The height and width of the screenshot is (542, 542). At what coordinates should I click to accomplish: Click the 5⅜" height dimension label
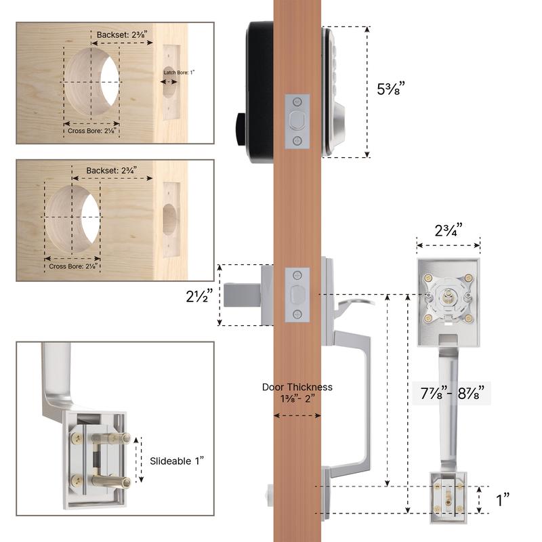tap(391, 89)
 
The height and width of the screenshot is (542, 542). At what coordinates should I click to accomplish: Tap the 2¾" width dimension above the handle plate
tap(448, 228)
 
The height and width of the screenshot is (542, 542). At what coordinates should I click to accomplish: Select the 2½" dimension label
tap(201, 296)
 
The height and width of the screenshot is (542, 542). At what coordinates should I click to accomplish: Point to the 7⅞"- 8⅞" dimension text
tap(451, 392)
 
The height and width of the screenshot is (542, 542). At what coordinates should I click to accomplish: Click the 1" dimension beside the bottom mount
tap(503, 500)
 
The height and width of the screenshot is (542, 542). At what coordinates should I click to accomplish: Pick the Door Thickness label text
tap(297, 392)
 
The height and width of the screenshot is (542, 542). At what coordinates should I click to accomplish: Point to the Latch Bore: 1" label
tap(177, 72)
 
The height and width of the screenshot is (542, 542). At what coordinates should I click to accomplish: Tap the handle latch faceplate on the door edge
tap(297, 296)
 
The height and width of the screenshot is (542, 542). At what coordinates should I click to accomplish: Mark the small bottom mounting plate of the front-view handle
tap(448, 501)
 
